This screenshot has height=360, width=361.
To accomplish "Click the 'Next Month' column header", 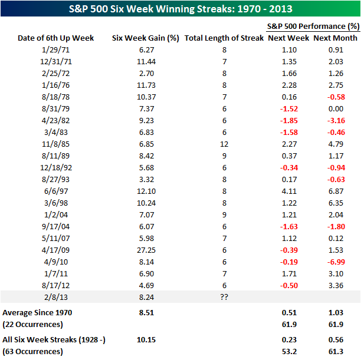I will click(334, 38).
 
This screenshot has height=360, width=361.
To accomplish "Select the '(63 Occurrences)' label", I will click(33, 351).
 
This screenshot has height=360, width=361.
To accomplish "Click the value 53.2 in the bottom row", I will click(287, 351).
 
